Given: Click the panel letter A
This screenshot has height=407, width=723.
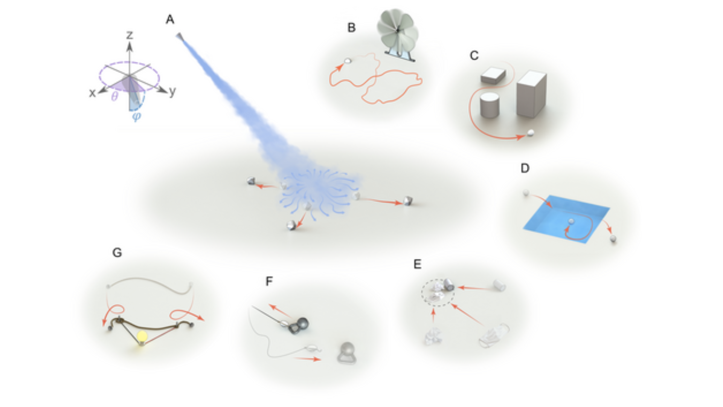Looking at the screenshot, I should point(170,20).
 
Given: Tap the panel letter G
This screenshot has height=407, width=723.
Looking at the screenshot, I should point(117,252).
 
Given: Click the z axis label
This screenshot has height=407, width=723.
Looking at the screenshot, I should point(130,35).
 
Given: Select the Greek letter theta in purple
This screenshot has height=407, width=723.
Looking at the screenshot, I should point(114,97).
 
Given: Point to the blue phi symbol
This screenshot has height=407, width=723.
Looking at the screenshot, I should point(136,116).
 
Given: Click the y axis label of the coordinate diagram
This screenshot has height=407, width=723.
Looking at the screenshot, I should point(172,91).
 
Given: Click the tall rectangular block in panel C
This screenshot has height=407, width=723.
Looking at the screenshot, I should point(531,94).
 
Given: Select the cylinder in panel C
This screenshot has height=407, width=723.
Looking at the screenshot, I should point(490,106).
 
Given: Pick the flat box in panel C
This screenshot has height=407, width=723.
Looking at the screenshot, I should point(493,75).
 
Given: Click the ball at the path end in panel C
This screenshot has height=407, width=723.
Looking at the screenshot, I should point(531,133).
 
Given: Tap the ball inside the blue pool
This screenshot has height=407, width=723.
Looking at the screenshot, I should point(571,221).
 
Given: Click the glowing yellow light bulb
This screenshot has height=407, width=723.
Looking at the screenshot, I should point(142,336).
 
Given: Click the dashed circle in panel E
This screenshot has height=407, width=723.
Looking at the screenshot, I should point(438,293).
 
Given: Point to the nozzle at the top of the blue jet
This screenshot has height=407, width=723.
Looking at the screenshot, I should point(179,36).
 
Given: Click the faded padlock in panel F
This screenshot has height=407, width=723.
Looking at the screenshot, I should point(347,353).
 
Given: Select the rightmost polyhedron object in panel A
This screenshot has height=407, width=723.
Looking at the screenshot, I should point(408,201).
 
